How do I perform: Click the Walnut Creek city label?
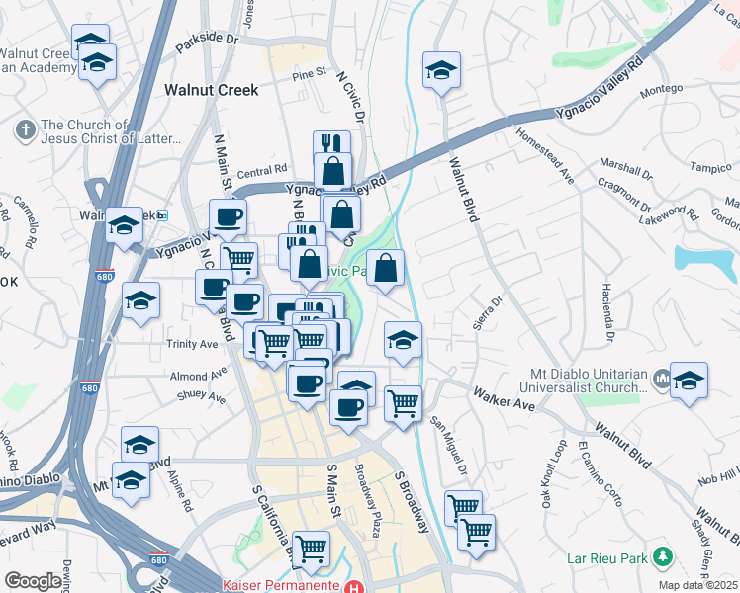click(211, 90)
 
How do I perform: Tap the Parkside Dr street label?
click(208, 43)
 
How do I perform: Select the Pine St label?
click(309, 73)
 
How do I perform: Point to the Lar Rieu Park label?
click(606, 558)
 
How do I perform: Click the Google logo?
click(33, 581)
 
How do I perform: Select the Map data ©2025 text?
click(696, 585)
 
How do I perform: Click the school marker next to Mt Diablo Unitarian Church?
click(689, 381)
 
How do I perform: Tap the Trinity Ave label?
click(193, 344)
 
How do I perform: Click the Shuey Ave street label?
click(203, 397)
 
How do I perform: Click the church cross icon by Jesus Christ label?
click(25, 128)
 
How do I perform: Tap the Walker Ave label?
click(504, 399)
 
